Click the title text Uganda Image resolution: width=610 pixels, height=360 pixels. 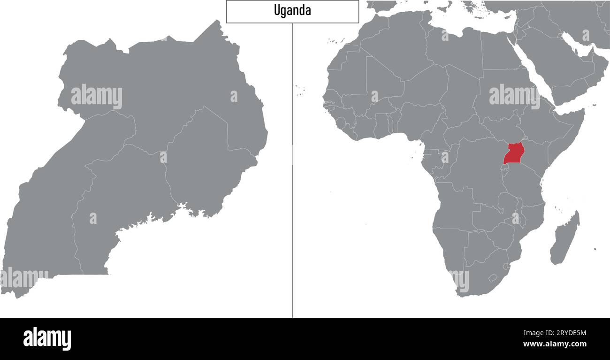click(292, 11)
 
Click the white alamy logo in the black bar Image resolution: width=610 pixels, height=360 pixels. click(47, 338)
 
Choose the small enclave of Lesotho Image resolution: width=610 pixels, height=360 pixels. click(492, 277)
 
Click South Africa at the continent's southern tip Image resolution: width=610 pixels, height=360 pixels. click(474, 277)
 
